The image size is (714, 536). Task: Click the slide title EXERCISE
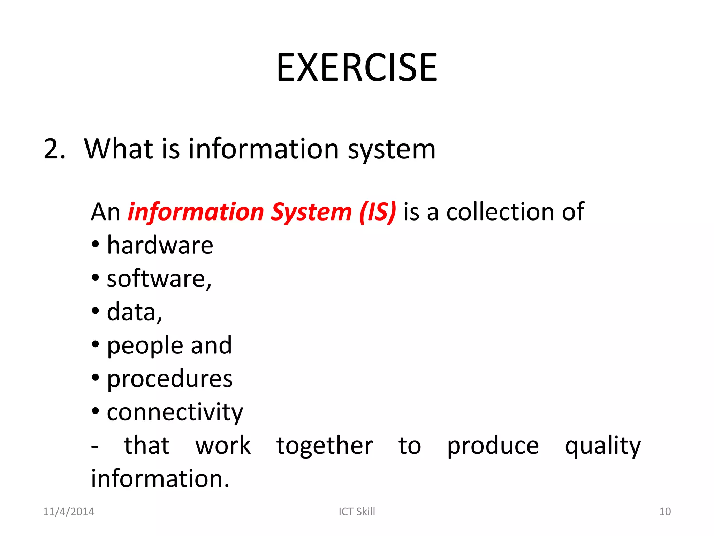(357, 67)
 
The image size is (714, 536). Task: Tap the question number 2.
(54, 149)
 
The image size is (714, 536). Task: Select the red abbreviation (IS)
(378, 212)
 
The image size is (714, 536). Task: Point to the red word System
(311, 212)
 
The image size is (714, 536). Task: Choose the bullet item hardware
(160, 245)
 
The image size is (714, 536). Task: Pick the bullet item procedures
(170, 379)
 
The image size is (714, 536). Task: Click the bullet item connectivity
(175, 412)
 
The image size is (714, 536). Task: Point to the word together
(325, 446)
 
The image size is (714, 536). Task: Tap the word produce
(493, 446)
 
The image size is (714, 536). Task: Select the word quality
(603, 446)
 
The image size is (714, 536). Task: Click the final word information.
(160, 479)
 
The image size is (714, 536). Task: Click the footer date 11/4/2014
(68, 512)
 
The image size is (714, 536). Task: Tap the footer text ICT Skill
(357, 512)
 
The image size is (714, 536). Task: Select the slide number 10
(665, 512)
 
